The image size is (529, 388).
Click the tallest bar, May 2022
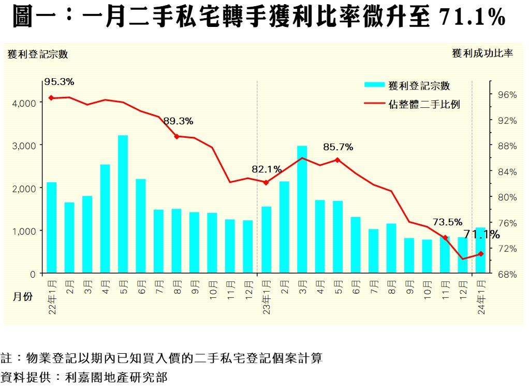[123, 204]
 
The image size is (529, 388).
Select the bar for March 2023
[302, 209]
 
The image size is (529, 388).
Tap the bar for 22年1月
[51, 227]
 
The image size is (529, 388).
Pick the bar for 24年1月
[481, 250]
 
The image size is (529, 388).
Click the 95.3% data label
[60, 82]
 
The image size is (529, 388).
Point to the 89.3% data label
[178, 121]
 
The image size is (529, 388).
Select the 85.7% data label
[338, 147]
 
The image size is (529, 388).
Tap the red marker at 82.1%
[266, 182]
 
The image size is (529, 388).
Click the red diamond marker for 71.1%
[481, 254]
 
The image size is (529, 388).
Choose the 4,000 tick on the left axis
[24, 103]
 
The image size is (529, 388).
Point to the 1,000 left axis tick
[24, 231]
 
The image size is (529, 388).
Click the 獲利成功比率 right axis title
[482, 54]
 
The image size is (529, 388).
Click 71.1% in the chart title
[472, 18]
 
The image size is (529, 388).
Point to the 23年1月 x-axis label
[266, 297]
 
